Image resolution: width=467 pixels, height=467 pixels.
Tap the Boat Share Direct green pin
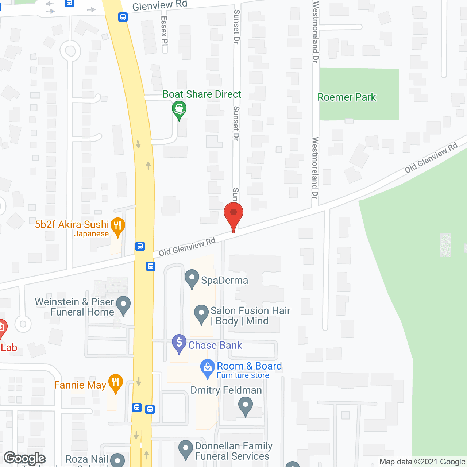[x=179, y=109]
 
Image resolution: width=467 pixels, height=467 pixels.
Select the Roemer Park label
[x=347, y=97]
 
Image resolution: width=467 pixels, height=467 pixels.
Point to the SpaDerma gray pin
[x=192, y=278]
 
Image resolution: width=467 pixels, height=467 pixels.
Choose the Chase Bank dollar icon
[x=179, y=343]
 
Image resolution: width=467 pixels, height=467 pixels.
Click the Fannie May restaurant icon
[x=116, y=383]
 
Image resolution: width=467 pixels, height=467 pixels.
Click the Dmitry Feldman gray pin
[x=246, y=406]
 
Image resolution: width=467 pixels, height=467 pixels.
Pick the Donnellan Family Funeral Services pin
[x=186, y=449]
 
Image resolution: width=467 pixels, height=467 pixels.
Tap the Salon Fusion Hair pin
[x=201, y=314]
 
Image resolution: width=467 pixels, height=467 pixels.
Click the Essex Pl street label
[x=164, y=31]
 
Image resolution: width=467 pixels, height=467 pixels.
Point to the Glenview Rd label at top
[x=159, y=6]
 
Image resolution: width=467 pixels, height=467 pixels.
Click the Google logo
[x=25, y=458]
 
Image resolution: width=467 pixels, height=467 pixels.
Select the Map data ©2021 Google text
[x=422, y=462]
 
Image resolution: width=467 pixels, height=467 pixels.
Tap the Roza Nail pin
[x=117, y=460]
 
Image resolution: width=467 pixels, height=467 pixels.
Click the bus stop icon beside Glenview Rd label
[x=123, y=17]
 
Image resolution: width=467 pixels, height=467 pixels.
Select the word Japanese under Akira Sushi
[x=91, y=234]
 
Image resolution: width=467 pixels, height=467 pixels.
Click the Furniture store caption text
[x=243, y=375]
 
